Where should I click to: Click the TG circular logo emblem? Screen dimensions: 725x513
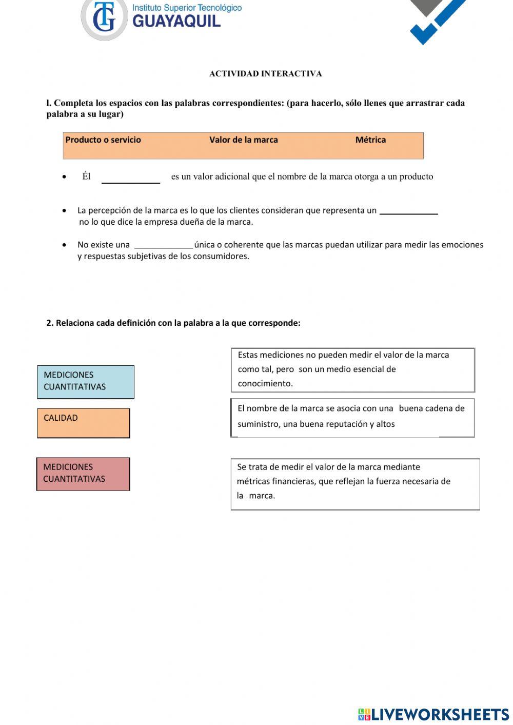pos(104,19)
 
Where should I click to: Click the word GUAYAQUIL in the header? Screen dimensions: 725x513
pos(176,21)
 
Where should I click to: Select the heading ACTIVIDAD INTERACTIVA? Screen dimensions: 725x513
pos(265,73)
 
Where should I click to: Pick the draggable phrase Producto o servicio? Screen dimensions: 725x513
pos(103,140)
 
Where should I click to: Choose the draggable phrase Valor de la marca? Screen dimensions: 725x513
pos(243,140)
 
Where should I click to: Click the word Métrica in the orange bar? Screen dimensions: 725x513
pos(370,140)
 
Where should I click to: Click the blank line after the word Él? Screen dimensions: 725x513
pos(131,179)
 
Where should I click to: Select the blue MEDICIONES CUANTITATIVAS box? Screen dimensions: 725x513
pos(86,382)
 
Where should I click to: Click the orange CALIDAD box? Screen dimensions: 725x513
pos(84,423)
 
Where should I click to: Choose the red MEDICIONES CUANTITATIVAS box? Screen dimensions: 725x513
pos(83,474)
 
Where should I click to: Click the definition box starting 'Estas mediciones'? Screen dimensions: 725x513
pos(353,369)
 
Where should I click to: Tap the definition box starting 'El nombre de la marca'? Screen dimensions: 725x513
pos(353,417)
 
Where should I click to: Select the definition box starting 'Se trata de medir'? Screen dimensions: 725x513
pos(355,484)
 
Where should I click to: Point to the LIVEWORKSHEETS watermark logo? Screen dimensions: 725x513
pos(433,714)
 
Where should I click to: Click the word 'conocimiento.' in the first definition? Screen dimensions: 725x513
pos(265,383)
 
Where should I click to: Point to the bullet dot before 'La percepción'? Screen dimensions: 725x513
pos(64,210)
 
